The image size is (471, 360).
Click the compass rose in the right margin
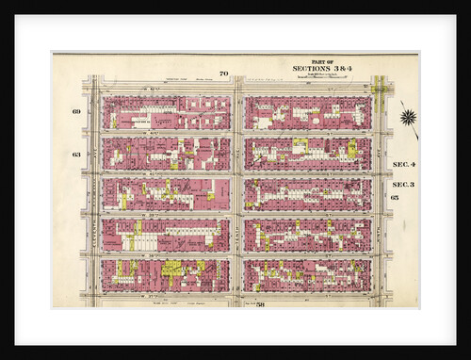[407, 117]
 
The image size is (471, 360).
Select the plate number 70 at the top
[224, 74]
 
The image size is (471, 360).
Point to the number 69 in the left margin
[76, 111]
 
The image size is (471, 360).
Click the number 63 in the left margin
[76, 155]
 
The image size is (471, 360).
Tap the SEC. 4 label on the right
[404, 164]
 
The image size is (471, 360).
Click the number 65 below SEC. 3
[395, 198]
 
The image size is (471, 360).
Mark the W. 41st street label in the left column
[165, 134]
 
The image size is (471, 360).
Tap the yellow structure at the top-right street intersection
[380, 89]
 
